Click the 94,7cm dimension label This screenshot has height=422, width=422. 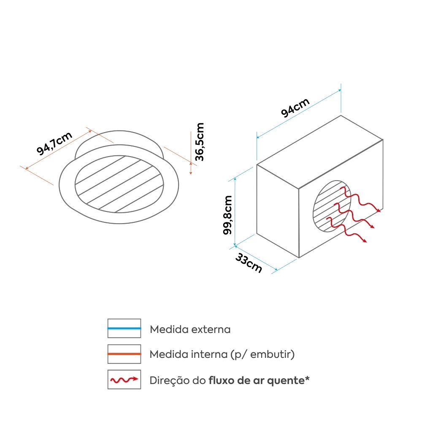click(54, 143)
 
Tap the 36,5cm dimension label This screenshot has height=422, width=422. click(200, 142)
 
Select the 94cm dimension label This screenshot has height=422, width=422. click(295, 108)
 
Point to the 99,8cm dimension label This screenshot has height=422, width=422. click(227, 215)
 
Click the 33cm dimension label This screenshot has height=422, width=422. click(249, 263)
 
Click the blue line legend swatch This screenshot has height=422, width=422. click(124, 328)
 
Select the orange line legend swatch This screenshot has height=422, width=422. click(124, 354)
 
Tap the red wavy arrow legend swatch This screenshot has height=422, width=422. click(124, 379)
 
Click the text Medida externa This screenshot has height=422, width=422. click(190, 330)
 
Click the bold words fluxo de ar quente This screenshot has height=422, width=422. click(257, 381)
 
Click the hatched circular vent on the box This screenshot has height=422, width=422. click(332, 206)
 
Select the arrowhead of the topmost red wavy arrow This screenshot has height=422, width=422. click(379, 210)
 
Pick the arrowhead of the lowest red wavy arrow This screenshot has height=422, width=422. click(364, 241)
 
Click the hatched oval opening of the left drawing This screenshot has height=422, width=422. click(119, 184)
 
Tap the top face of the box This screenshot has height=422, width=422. click(320, 152)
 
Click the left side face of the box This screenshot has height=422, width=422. click(278, 211)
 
